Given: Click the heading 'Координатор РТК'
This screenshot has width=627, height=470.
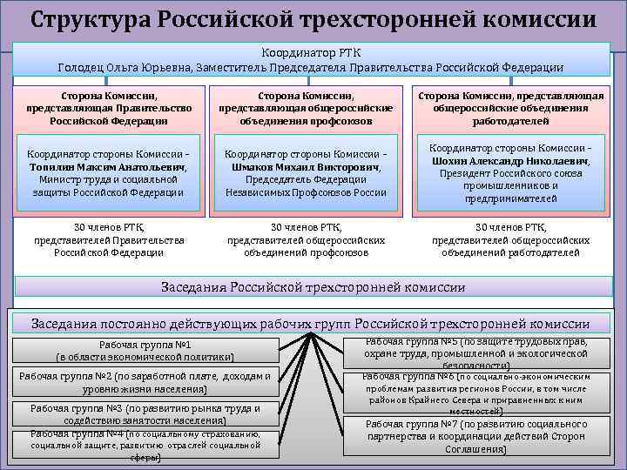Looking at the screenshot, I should click(313, 52).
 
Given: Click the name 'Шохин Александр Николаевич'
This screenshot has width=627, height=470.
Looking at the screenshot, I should click(510, 161).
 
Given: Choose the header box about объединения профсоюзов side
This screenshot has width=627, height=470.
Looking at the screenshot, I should click(306, 108).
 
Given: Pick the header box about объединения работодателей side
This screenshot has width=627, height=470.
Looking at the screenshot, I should click(510, 108).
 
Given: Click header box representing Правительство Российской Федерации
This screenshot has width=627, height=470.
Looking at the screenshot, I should click(109, 108).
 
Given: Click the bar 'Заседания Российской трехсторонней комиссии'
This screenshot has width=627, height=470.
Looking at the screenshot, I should click(313, 287).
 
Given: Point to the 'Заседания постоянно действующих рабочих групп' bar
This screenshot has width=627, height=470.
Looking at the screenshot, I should click(310, 323).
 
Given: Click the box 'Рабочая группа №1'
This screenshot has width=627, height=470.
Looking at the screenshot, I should click(145, 351).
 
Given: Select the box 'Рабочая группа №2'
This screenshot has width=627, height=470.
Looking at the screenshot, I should click(145, 383).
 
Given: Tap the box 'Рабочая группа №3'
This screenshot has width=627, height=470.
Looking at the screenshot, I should click(145, 414).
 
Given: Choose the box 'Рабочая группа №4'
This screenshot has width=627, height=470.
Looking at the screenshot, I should click(145, 444).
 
